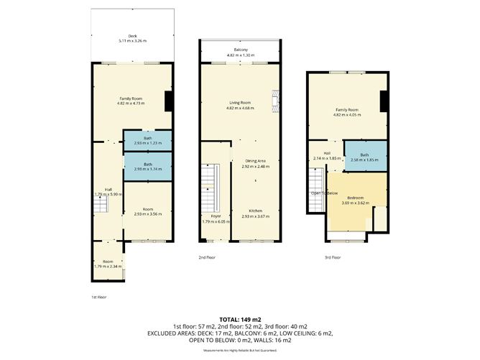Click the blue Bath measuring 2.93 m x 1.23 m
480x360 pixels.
pyautogui.click(x=147, y=140)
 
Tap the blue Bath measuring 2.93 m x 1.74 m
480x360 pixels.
pyautogui.click(x=147, y=166)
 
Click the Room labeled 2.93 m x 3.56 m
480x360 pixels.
pyautogui.click(x=147, y=211)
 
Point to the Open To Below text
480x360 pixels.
pyautogui.click(x=324, y=193)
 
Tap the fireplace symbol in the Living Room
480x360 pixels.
pyautogui.click(x=273, y=101)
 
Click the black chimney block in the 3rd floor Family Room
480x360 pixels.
pyautogui.click(x=384, y=102)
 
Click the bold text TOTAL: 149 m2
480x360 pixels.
pyautogui.click(x=239, y=318)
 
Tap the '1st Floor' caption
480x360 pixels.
pyautogui.click(x=98, y=296)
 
